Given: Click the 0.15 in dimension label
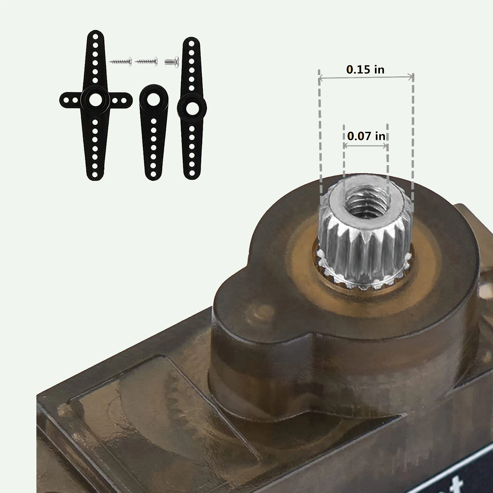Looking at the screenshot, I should tap(365, 69).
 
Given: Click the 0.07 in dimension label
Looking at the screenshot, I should tap(366, 136).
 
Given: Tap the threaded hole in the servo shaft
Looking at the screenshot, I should tap(366, 205).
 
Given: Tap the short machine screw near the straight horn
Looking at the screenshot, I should tap(172, 62).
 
